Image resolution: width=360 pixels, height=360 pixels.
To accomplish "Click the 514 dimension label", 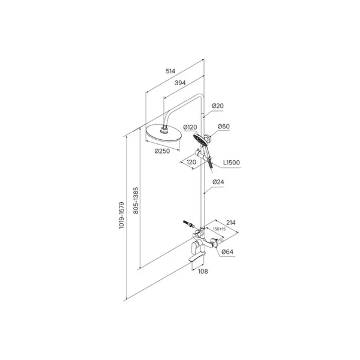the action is click(x=170, y=71).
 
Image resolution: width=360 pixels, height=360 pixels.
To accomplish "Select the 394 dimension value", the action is click(x=180, y=83).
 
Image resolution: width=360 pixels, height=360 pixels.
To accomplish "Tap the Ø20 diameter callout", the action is click(x=218, y=106).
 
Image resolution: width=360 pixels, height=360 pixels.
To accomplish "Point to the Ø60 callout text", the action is click(x=224, y=127).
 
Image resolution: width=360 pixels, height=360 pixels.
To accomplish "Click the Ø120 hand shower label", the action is click(x=190, y=127).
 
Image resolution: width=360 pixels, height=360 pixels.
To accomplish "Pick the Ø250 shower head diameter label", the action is click(x=163, y=151).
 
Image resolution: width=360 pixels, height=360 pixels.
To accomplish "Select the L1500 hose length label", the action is click(x=232, y=163).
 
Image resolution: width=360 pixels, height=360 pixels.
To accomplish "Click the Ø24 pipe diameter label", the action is click(x=218, y=182).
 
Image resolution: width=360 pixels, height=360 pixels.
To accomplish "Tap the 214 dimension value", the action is click(x=231, y=223).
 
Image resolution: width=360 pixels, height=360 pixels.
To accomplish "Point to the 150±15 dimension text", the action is click(x=220, y=229).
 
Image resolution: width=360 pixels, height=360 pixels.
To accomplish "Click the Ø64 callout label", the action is click(x=227, y=252).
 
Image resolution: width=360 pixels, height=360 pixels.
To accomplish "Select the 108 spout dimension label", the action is click(x=203, y=271).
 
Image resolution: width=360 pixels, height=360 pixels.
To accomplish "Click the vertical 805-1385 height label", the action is click(x=136, y=200).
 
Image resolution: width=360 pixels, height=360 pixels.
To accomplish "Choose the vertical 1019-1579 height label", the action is click(x=121, y=215).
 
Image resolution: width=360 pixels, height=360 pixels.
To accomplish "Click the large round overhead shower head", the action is click(x=163, y=135).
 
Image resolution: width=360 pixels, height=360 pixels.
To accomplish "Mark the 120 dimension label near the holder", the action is click(x=191, y=163).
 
